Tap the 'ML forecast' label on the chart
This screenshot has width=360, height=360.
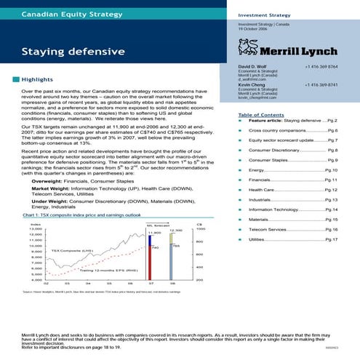[x=157, y=205]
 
